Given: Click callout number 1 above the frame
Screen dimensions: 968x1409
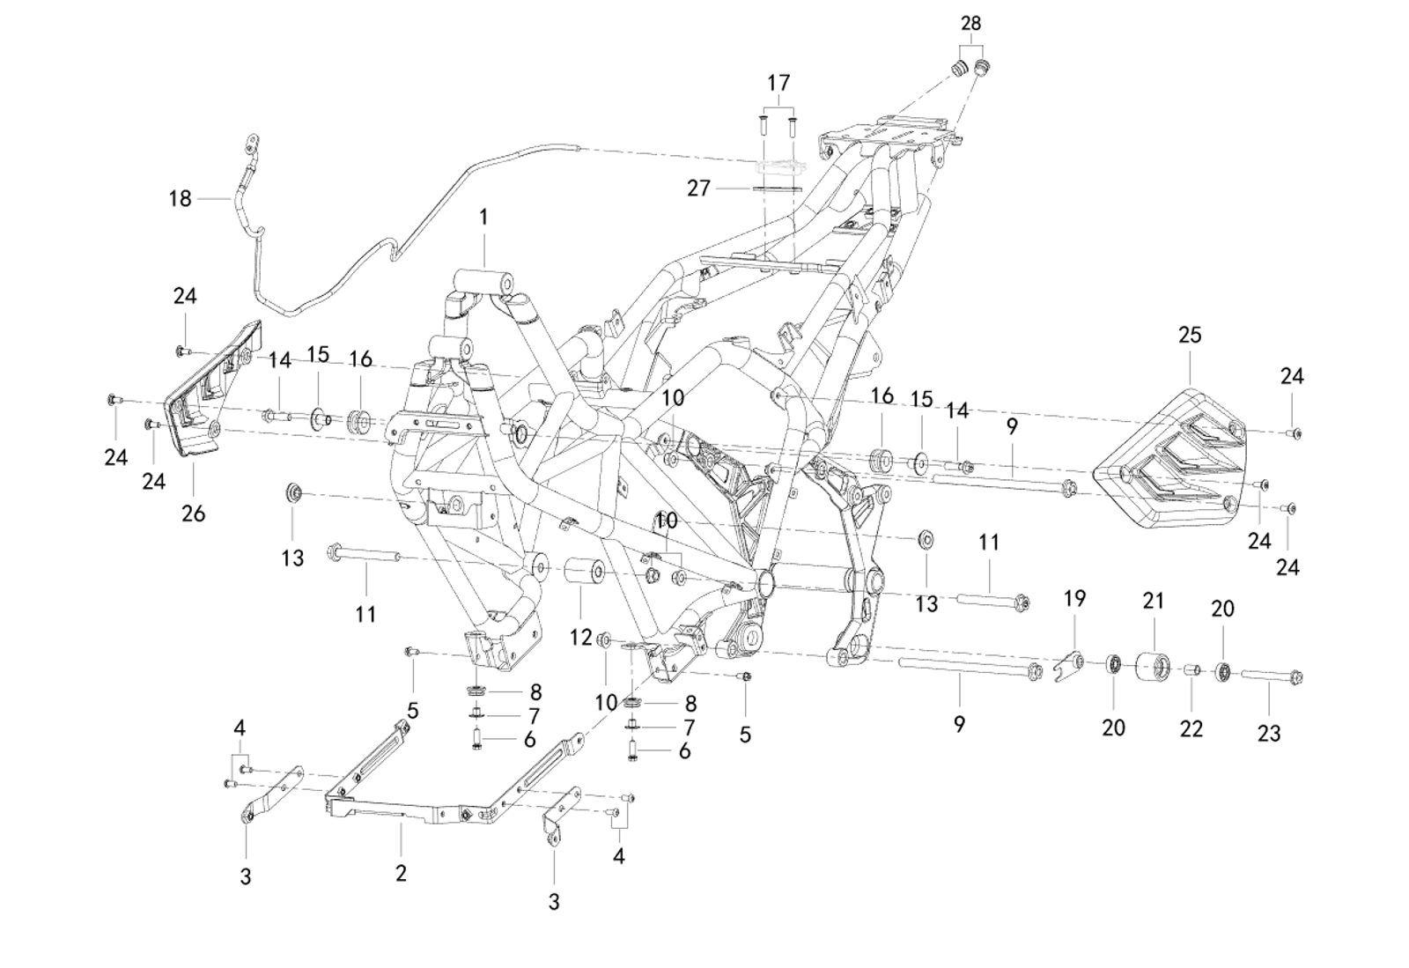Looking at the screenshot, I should point(483,217).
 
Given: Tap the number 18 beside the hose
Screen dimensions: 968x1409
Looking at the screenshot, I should point(180,199).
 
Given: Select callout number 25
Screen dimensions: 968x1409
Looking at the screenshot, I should point(1189,336).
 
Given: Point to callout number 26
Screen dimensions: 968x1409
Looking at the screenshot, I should point(193,513).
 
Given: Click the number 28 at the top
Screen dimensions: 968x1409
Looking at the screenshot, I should point(970,23).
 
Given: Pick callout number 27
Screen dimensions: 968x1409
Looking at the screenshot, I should point(698,188).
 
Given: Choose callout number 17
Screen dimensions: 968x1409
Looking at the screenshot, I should point(778,84).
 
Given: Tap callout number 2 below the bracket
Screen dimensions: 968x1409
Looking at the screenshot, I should point(401,873).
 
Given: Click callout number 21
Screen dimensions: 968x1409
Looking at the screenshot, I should point(1154,601).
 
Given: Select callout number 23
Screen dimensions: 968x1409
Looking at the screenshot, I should point(1268,733).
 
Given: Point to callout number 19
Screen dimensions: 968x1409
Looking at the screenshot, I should point(1074,599).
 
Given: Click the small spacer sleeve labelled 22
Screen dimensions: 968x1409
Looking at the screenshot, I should point(1191,672).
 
